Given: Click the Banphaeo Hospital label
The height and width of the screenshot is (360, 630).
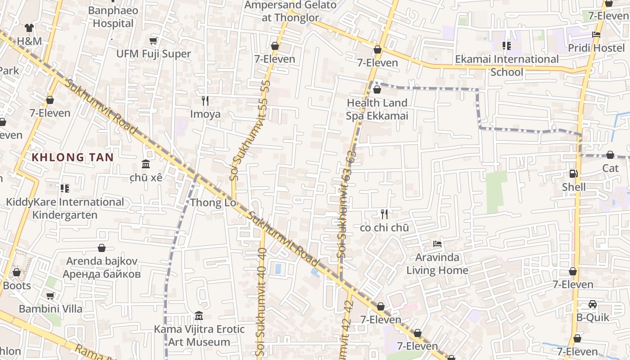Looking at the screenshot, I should click(x=113, y=17).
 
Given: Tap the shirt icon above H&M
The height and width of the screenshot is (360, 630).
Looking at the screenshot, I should click(x=29, y=28).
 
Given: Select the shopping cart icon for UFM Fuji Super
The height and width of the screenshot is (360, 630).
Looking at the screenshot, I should click(x=153, y=41).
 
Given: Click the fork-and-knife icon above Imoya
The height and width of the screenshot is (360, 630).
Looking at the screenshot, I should click(x=205, y=100).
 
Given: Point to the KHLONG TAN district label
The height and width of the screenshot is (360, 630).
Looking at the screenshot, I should click(x=72, y=157).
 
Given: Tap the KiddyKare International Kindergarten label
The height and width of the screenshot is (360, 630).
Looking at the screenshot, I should click(x=65, y=208).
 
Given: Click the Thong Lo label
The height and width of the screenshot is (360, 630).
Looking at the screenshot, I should click(x=213, y=202).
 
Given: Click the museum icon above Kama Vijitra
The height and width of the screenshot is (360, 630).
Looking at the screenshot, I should click(x=199, y=316).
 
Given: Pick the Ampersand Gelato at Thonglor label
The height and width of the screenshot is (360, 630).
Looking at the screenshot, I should click(x=290, y=11).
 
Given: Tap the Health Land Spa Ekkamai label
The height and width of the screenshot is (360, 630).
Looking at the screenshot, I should click(x=377, y=109).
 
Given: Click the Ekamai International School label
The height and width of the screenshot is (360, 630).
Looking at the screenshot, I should click(x=507, y=65).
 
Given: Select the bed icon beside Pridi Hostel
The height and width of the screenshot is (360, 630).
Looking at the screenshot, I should click(x=596, y=35).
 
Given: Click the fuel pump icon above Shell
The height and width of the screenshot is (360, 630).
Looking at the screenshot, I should click(x=574, y=173).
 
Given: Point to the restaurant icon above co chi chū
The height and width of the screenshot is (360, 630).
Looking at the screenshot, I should click(x=384, y=214).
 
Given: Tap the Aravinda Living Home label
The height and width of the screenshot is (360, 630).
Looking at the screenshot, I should click(x=437, y=264).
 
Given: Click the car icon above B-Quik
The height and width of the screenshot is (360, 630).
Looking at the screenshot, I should click(x=593, y=304).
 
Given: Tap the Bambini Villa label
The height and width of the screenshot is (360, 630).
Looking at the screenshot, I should click(x=50, y=309).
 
